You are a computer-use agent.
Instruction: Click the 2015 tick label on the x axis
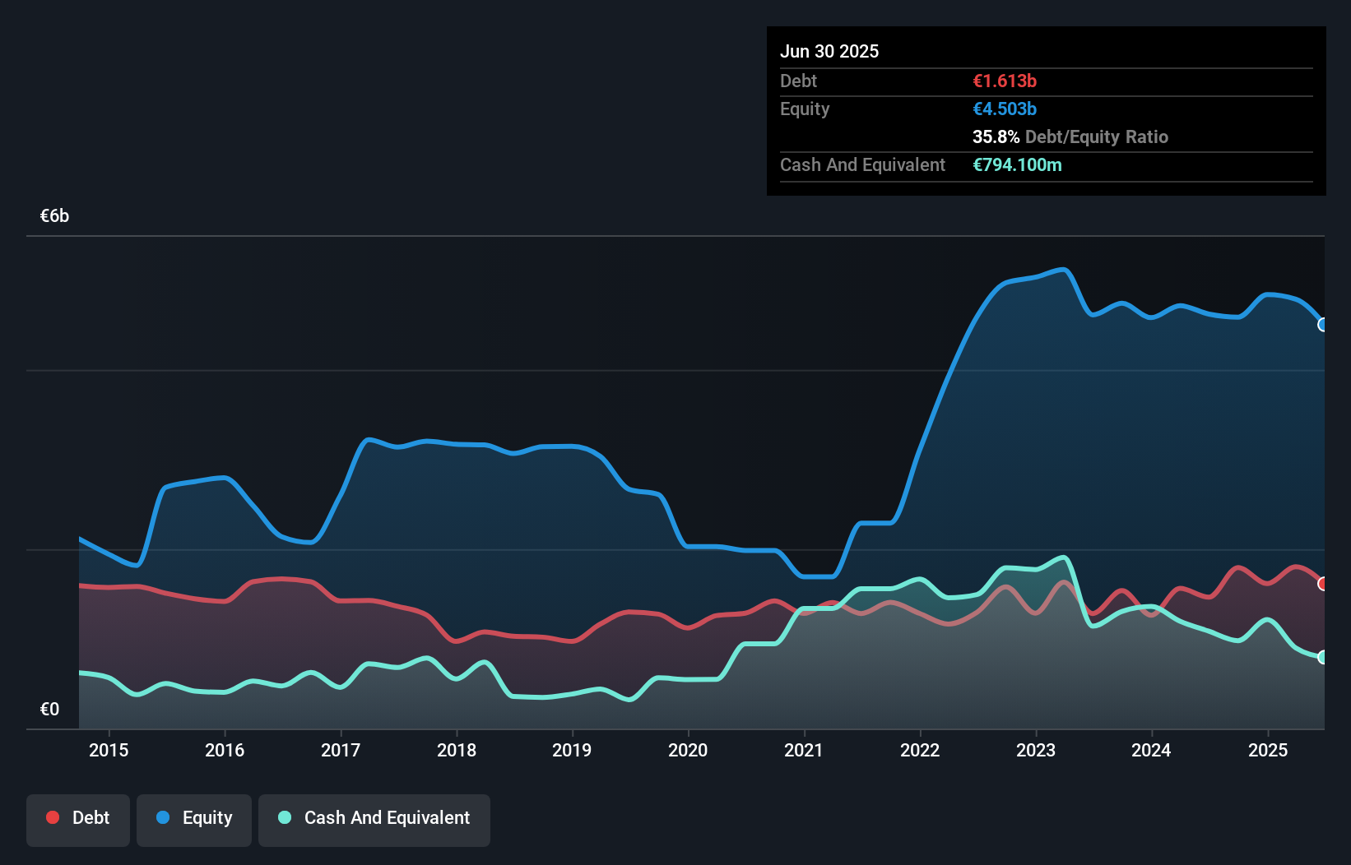(x=109, y=750)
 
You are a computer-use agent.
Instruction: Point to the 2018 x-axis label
(x=457, y=750)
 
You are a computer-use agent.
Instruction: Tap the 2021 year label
(x=804, y=750)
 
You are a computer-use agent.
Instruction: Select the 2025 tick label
(x=1268, y=750)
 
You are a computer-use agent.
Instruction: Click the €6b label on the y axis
(x=54, y=216)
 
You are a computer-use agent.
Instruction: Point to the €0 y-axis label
(x=49, y=709)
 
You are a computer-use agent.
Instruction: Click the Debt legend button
(x=78, y=818)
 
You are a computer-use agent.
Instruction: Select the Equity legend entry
(x=194, y=818)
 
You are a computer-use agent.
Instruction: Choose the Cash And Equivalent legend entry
(x=374, y=818)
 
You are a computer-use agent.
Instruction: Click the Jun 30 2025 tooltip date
(x=829, y=51)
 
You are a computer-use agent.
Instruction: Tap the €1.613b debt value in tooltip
(x=1005, y=81)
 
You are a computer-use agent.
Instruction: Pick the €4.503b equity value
(x=1005, y=109)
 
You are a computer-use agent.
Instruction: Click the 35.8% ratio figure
(x=996, y=136)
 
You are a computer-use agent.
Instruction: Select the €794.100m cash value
(x=1017, y=164)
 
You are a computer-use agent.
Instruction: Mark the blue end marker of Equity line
(x=1323, y=325)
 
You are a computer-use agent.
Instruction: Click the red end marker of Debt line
(x=1323, y=584)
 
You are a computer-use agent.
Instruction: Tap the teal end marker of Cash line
(x=1323, y=657)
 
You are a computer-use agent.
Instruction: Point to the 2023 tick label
(x=1036, y=750)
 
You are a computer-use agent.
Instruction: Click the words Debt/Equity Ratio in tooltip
(x=1097, y=136)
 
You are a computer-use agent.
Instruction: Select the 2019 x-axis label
(x=572, y=750)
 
